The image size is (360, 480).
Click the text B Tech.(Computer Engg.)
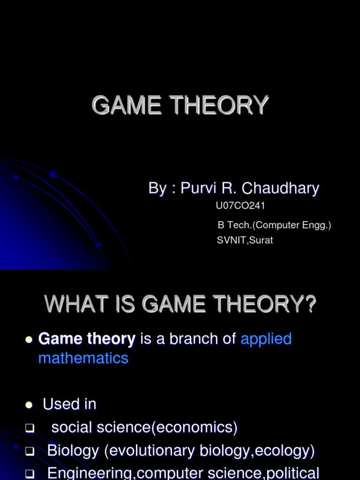click(x=274, y=225)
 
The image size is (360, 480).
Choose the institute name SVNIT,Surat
click(x=245, y=240)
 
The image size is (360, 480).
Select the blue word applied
click(x=266, y=338)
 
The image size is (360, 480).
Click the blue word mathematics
click(x=83, y=358)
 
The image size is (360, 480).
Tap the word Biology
click(x=73, y=451)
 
